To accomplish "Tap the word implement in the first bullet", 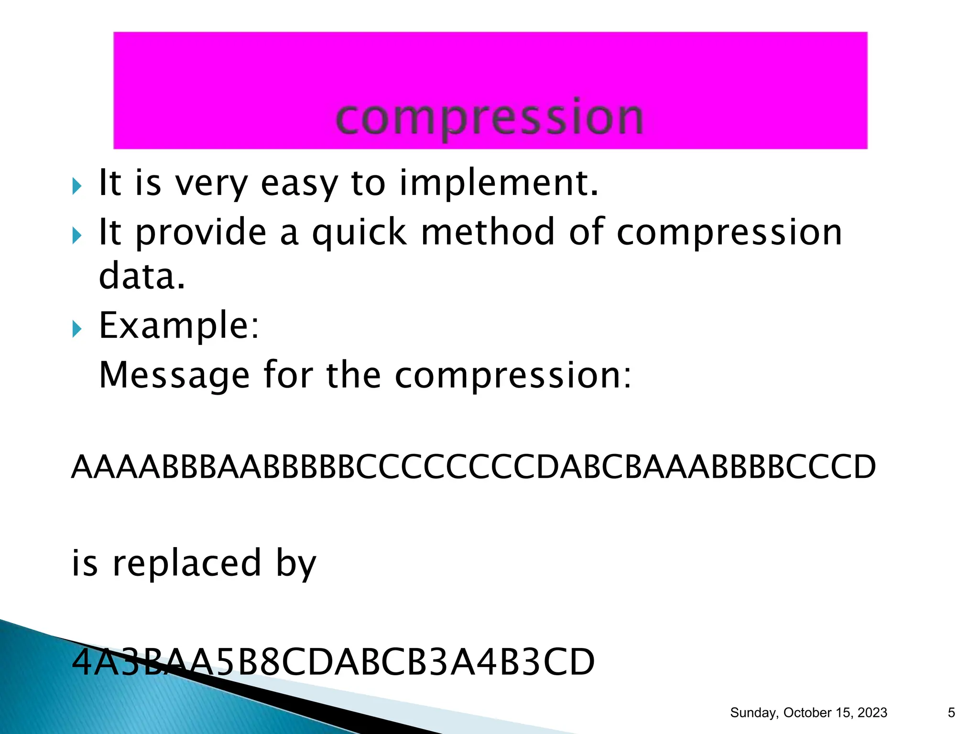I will tap(499, 183).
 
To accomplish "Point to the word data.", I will tap(141, 277).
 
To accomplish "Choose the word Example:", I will tap(179, 325).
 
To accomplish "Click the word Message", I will tap(174, 376).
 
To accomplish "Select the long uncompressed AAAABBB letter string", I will tap(473, 467).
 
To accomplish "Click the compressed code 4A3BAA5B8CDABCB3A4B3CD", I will tap(333, 662).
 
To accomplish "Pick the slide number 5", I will tap(951, 713).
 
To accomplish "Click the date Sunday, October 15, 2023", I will tap(808, 713).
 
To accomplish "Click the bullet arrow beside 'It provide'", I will tap(77, 235).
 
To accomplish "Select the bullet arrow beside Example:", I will tap(77, 329).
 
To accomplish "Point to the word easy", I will tap(299, 184).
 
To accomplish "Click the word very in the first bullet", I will tap(211, 184).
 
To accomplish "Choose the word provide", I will tap(201, 232).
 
